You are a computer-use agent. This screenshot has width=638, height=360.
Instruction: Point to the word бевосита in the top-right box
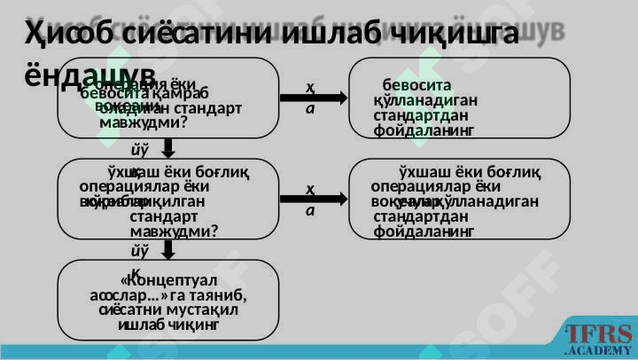[x=411, y=86]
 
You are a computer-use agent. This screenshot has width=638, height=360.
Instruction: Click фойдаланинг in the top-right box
[x=424, y=130]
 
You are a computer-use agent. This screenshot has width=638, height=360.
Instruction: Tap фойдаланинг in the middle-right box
[x=424, y=232]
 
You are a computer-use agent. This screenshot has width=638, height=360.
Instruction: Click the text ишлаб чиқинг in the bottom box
[x=168, y=325]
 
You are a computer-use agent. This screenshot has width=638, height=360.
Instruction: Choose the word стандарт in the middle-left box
[x=163, y=215]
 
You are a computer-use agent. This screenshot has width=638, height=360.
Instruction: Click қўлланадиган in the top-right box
[x=427, y=100]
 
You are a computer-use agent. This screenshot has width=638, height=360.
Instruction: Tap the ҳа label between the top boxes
[x=309, y=96]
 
